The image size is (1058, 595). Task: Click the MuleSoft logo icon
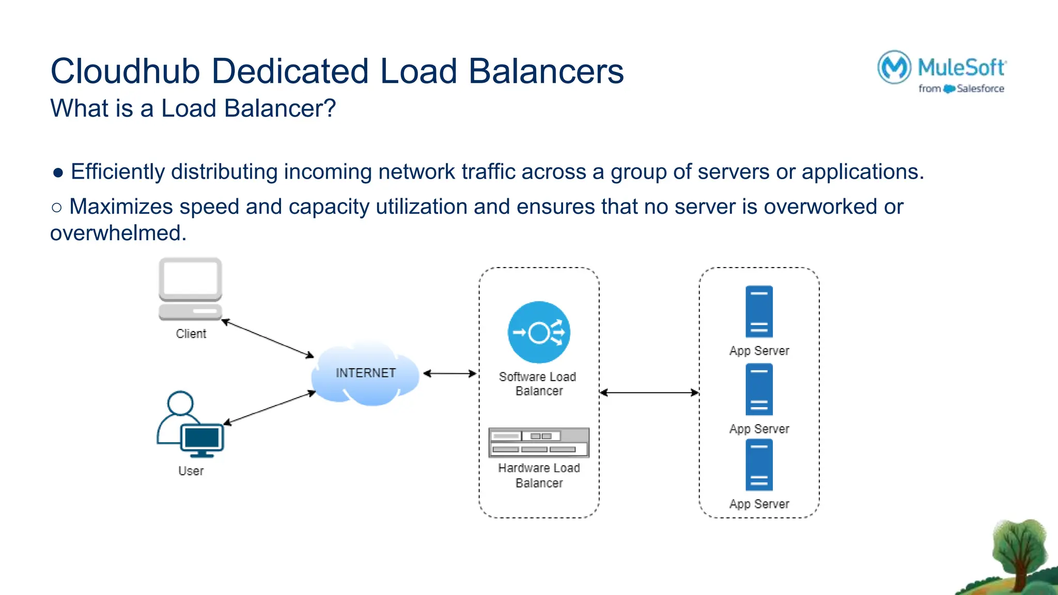point(894,67)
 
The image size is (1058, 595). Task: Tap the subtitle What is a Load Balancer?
point(193,108)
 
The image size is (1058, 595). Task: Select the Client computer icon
point(190,288)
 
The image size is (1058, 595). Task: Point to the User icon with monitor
point(190,425)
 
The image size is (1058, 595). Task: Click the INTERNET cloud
point(365,373)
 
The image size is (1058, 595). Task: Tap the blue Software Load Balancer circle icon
point(539,332)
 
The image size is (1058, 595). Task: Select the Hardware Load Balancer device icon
point(539,442)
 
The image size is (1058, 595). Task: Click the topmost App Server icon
point(759,311)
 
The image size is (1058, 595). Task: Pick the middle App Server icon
point(759,389)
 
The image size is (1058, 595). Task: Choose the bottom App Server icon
point(759,465)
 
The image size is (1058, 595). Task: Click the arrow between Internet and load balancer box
point(449,373)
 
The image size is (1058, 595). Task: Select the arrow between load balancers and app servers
point(649,393)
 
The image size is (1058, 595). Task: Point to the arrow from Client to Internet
point(268,338)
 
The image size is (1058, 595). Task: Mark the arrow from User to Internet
point(269,408)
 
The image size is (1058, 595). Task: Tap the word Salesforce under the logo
point(980,89)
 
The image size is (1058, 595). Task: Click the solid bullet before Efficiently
point(58,173)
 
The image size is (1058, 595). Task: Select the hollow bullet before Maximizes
point(57,208)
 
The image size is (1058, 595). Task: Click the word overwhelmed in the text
point(118,233)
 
